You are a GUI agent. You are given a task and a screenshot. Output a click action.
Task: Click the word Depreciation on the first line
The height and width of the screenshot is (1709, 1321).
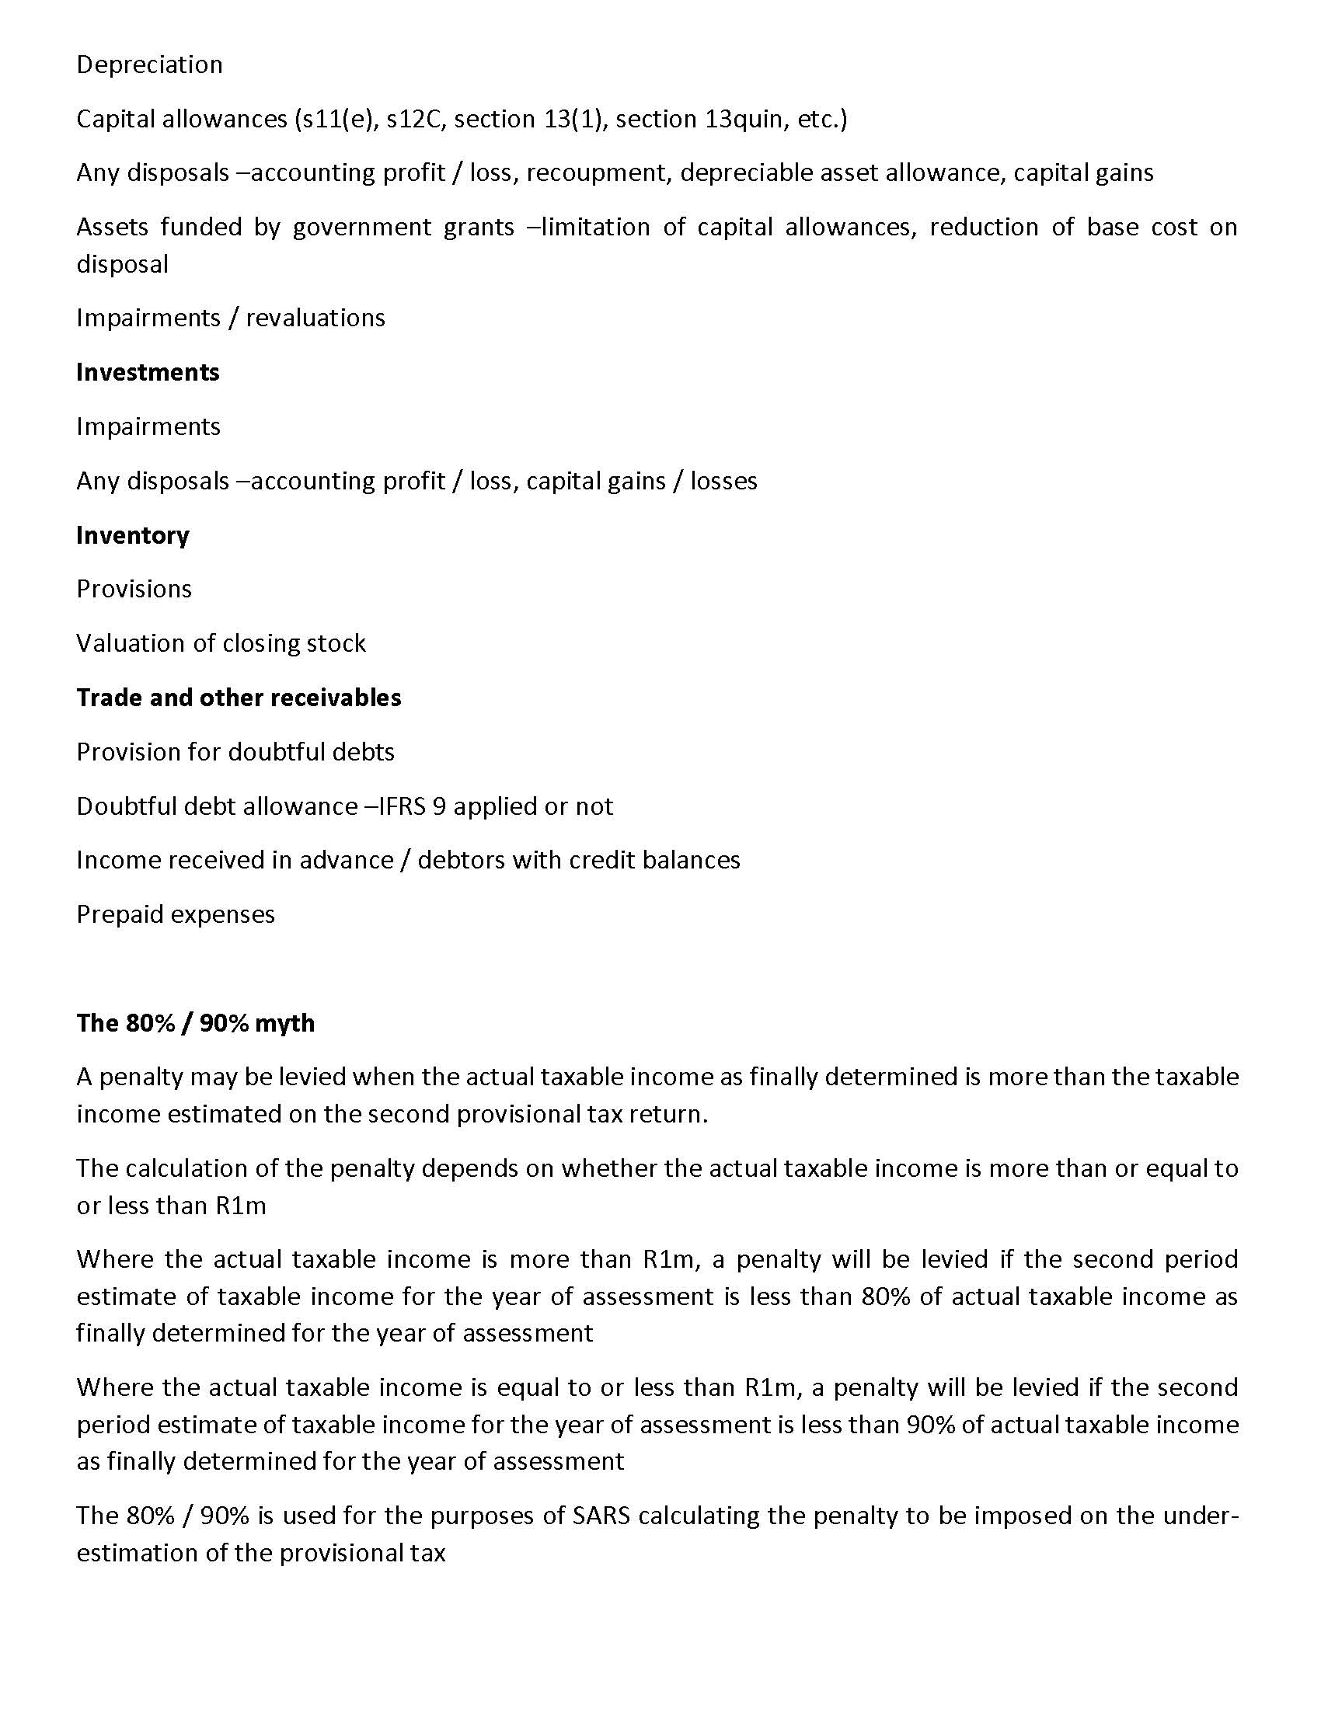click(x=149, y=64)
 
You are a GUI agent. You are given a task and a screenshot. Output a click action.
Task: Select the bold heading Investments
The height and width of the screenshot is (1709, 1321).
click(x=148, y=371)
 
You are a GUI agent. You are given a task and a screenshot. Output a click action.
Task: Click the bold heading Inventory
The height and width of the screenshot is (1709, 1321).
click(x=133, y=535)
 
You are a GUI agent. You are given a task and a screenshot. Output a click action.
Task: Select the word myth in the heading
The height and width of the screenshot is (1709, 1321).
click(x=285, y=1023)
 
